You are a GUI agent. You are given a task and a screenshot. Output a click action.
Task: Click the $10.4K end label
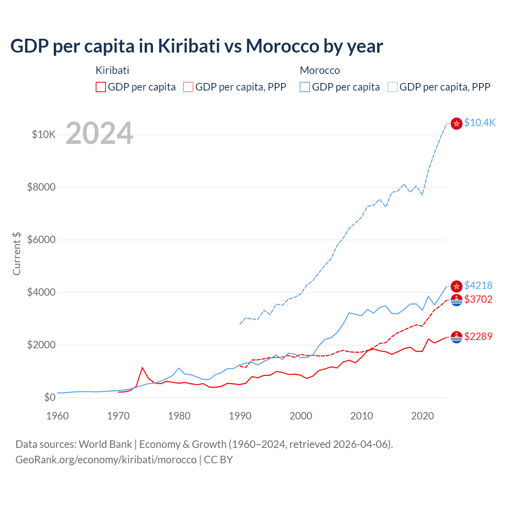point(480,123)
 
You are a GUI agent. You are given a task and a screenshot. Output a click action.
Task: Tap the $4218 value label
point(478,285)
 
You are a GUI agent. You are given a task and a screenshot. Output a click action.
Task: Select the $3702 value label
point(478,299)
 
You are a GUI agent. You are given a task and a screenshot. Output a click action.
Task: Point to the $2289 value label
point(478,336)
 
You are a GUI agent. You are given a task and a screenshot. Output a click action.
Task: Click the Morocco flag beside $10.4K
point(457,123)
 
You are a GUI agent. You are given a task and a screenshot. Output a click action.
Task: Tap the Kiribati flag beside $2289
point(457,337)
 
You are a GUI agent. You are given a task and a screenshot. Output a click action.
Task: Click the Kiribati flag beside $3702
point(457,300)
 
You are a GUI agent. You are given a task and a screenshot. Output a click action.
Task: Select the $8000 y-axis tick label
point(41,187)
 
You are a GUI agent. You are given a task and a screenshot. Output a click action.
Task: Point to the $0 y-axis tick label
point(49,397)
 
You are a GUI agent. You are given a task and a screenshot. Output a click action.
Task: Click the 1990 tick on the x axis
point(240,416)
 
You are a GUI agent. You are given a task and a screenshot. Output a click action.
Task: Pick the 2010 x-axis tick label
point(362,416)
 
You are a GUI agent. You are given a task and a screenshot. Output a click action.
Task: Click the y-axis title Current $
point(17,254)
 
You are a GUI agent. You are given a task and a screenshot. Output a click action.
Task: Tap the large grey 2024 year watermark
point(99,133)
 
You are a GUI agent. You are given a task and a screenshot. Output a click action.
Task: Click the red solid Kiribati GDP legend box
point(101,87)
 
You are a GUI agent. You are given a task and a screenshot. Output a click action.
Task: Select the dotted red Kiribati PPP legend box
point(189,87)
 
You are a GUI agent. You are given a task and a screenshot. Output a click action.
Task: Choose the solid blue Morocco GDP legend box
point(305,87)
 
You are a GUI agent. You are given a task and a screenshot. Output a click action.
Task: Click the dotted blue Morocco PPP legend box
point(393,87)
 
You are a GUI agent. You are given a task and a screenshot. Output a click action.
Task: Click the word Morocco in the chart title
point(283,46)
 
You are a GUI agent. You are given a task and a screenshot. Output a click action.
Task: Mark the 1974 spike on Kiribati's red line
point(142,368)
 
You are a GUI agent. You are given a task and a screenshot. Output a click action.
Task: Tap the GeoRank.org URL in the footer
point(106,460)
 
